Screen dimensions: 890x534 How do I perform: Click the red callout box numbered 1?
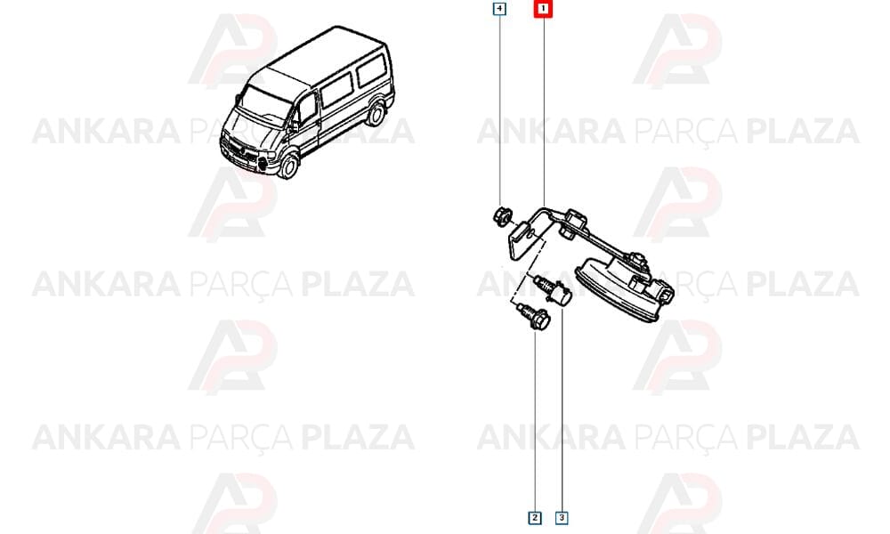(x=543, y=9)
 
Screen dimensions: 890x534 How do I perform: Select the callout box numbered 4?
(x=499, y=9)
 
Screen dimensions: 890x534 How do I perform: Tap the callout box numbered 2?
(x=535, y=518)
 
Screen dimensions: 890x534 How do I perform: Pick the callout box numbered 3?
(x=562, y=518)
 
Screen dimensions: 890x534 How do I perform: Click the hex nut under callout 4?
(x=502, y=216)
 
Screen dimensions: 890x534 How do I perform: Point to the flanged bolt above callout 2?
(x=532, y=317)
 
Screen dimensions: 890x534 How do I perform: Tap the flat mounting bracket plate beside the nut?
(x=523, y=241)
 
